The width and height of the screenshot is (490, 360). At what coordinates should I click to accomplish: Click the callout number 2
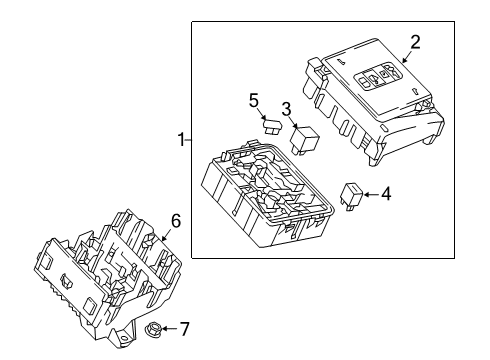(415, 42)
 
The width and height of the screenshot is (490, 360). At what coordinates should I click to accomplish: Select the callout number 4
(386, 195)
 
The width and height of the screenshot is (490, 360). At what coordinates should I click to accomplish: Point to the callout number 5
(254, 100)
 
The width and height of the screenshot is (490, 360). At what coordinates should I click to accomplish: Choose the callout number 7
(183, 328)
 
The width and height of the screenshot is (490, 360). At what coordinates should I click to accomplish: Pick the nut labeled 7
(156, 329)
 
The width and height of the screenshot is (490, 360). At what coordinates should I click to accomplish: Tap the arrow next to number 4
(372, 195)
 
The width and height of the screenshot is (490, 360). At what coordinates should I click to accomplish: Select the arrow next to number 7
(170, 328)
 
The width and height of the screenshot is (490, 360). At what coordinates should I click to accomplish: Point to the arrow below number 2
(406, 57)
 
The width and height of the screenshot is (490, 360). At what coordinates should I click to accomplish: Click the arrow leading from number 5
(262, 113)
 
